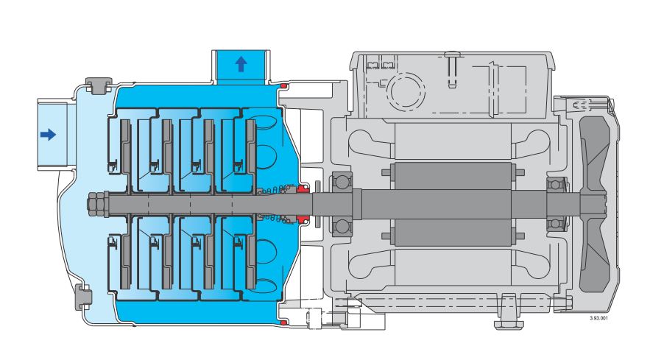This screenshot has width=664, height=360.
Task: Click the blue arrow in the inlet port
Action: pyautogui.click(x=48, y=135)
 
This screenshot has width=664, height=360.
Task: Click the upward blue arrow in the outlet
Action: pyautogui.click(x=241, y=64)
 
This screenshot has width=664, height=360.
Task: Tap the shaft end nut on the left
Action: pyautogui.click(x=97, y=204)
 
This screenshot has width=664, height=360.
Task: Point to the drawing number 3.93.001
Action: pyautogui.click(x=598, y=318)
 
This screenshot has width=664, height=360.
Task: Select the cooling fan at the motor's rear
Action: pyautogui.click(x=594, y=205)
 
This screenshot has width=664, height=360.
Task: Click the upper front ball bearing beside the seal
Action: pyautogui.click(x=341, y=181)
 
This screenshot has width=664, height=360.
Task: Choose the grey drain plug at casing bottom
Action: pyautogui.click(x=83, y=297)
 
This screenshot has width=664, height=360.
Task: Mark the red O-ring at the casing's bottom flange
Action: pyautogui.click(x=283, y=323)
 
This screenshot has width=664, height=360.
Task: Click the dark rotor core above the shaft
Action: pyautogui.click(x=453, y=176)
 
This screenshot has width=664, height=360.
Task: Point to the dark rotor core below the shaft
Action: pyautogui.click(x=453, y=233)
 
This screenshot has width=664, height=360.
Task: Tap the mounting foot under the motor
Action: pyautogui.click(x=509, y=311)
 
